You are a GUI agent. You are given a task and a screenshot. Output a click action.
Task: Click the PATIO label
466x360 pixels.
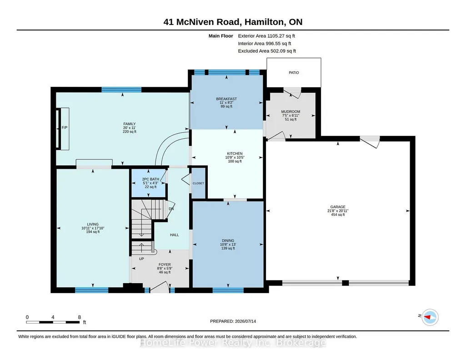294,72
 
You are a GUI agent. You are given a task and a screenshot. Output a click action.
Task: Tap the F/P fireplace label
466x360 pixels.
65,127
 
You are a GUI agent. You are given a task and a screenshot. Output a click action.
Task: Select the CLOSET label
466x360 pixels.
198,183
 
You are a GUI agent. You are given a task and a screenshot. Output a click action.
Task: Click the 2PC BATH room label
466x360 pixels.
150,179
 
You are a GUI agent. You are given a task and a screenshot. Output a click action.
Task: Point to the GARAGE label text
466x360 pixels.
338,207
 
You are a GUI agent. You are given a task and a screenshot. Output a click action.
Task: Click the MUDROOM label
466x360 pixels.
291,112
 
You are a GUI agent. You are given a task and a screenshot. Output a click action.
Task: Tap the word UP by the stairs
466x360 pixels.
141,259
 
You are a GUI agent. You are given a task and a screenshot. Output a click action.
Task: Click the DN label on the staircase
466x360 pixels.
171,209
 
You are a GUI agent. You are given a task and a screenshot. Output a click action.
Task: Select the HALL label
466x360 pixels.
175,235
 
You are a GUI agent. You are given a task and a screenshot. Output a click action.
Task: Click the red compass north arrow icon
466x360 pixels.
428,317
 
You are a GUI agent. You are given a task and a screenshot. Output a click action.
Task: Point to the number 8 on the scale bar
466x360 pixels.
80,317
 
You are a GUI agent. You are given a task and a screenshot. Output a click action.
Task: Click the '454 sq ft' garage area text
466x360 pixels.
338,215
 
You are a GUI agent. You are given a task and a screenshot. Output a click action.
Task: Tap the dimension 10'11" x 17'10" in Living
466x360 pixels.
93,228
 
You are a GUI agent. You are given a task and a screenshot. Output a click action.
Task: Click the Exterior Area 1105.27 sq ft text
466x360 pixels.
266,36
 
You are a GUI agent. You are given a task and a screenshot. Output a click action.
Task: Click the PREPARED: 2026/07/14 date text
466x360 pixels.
233,321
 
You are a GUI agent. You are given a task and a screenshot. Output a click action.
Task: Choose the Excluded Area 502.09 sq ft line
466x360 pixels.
267,51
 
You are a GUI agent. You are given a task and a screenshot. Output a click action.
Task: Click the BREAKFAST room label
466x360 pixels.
226,99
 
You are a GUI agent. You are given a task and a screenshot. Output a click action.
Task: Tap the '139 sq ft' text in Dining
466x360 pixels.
228,248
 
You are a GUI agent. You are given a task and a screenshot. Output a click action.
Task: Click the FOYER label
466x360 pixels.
165,265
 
